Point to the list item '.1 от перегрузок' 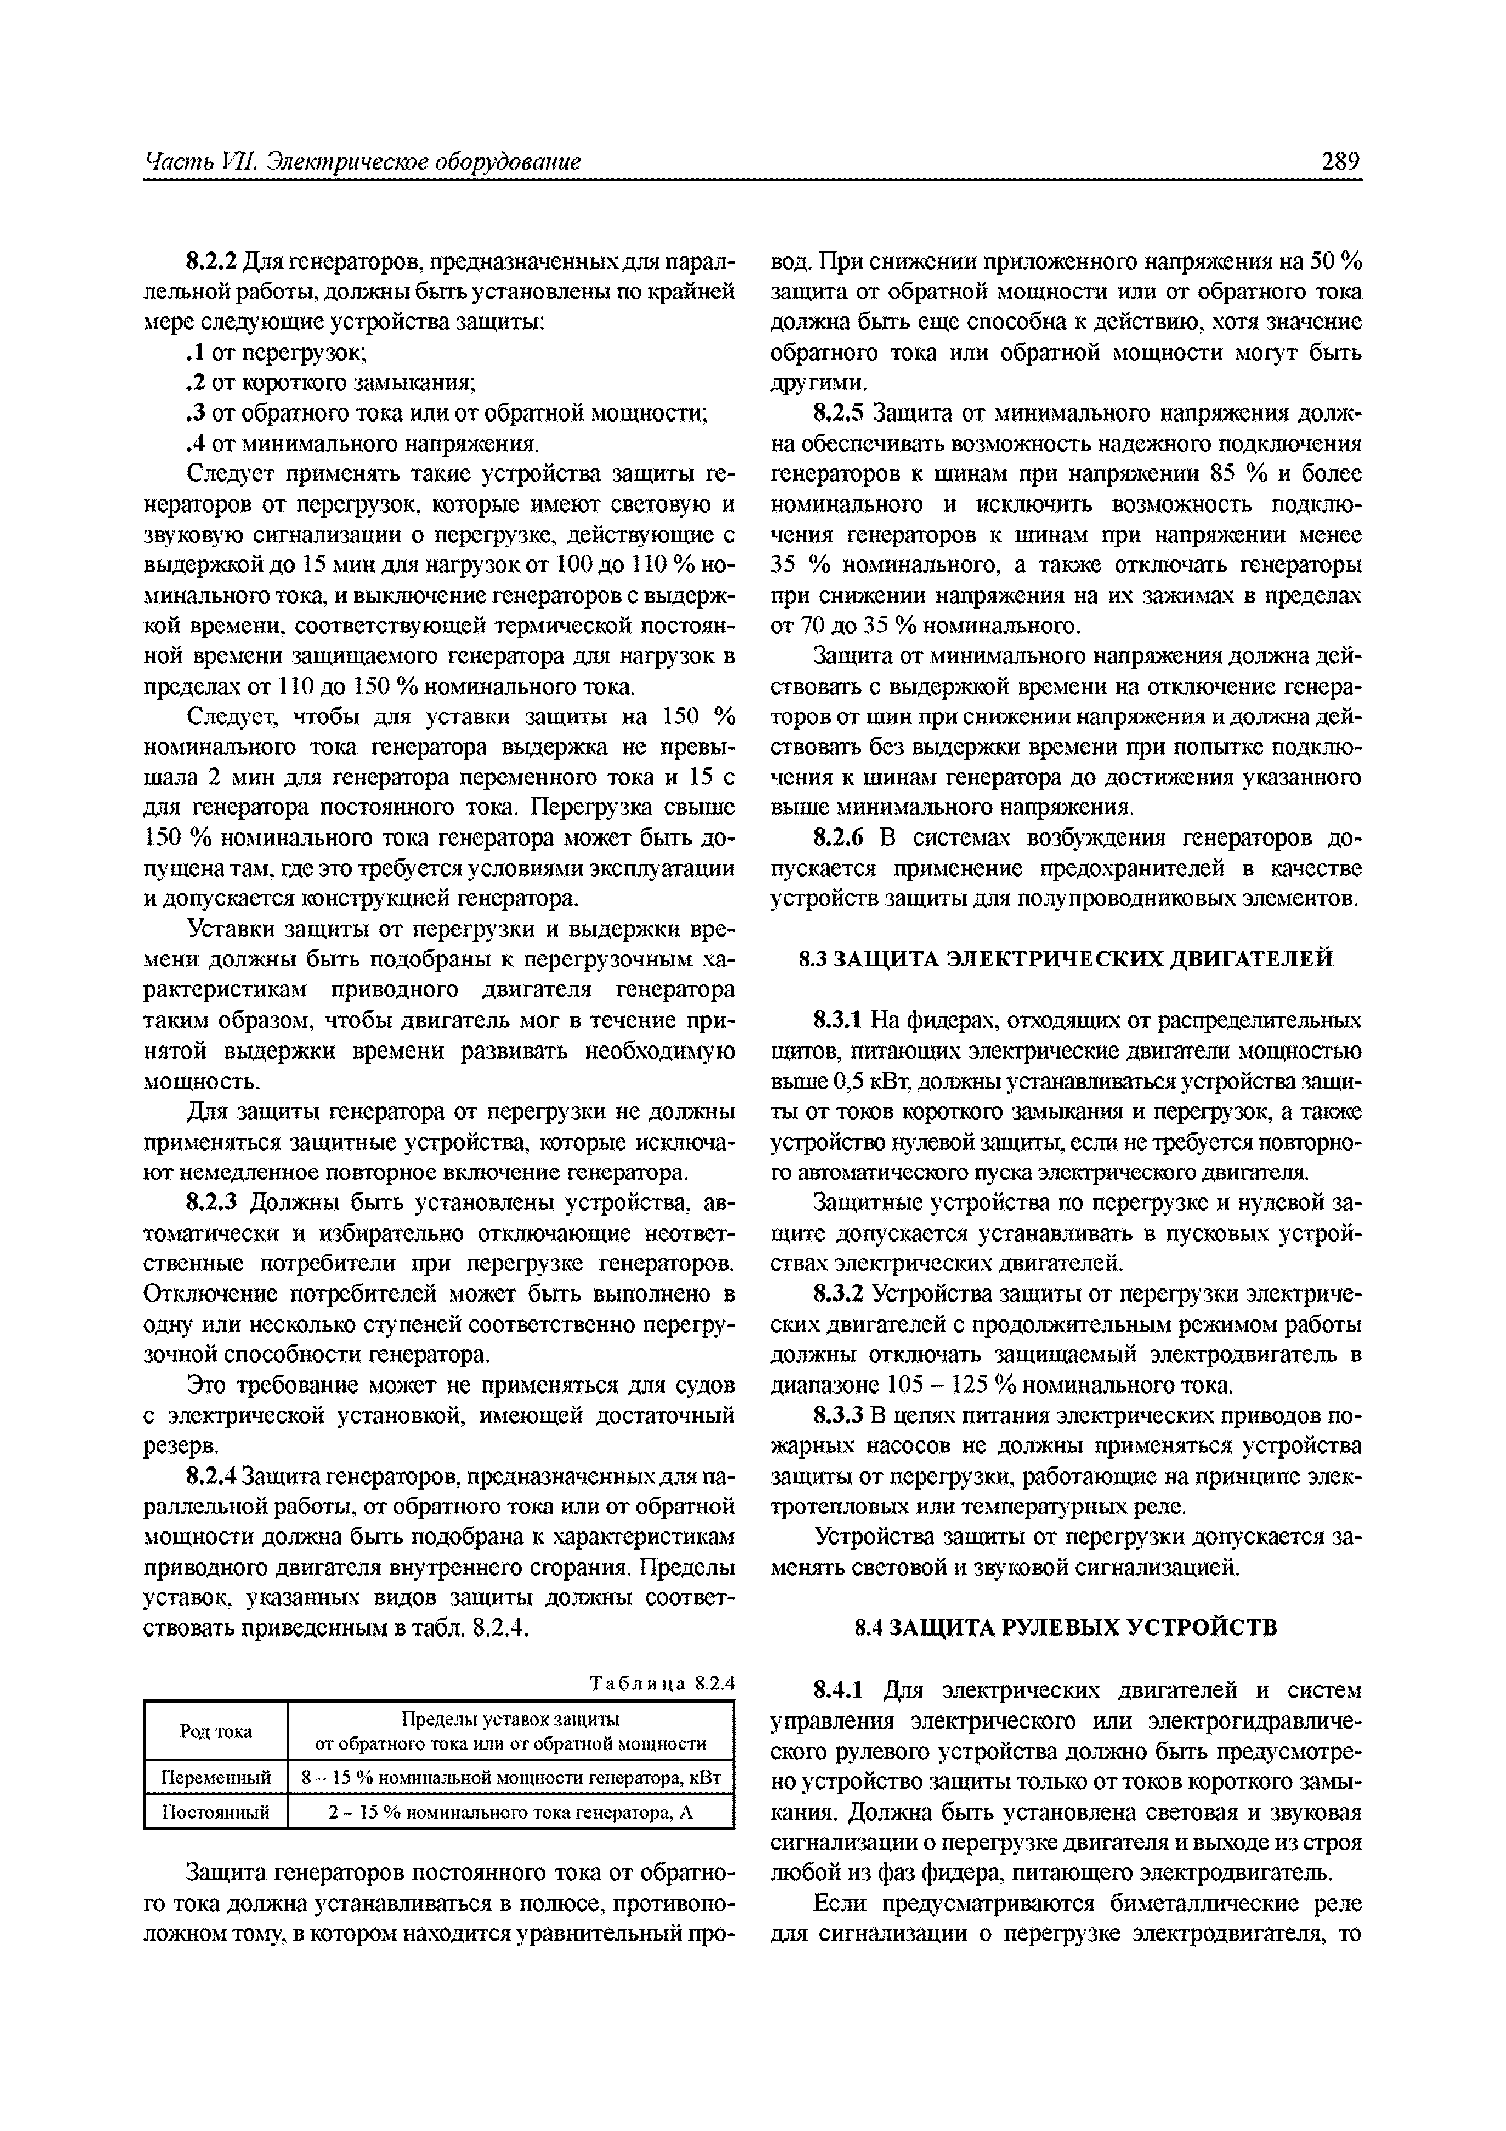click(278, 353)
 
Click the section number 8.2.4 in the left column click(213, 1477)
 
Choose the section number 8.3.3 click(839, 1415)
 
